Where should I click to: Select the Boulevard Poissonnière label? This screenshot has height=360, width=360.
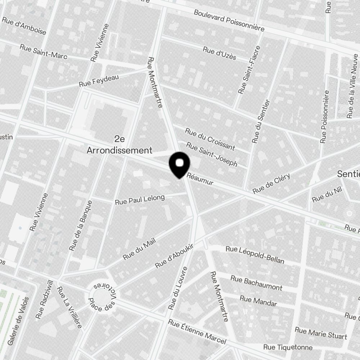229,20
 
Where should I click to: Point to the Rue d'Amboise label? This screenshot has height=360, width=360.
24,25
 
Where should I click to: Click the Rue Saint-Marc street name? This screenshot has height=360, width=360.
44,52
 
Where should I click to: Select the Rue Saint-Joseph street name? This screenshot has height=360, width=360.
211,155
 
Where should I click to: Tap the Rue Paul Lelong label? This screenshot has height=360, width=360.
140,199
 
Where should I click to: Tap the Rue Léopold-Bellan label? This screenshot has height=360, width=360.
255,255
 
